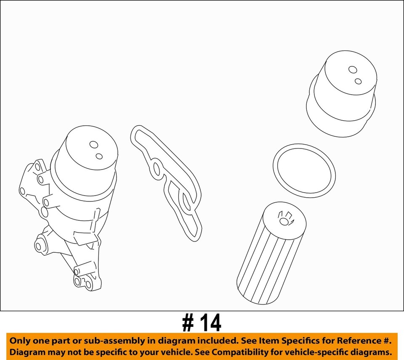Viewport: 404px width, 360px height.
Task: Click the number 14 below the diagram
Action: click(x=209, y=323)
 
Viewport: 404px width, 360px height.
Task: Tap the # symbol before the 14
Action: click(x=188, y=323)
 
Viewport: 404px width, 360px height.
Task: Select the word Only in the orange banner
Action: click(x=20, y=341)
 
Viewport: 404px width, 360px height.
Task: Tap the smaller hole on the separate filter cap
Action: click(x=358, y=81)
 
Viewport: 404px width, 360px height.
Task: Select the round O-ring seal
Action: click(x=304, y=170)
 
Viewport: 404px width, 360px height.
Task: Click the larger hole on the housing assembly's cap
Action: click(x=93, y=145)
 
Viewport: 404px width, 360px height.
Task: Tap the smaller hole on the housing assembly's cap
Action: click(x=99, y=156)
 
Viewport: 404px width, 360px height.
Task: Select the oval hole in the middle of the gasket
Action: click(x=157, y=169)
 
